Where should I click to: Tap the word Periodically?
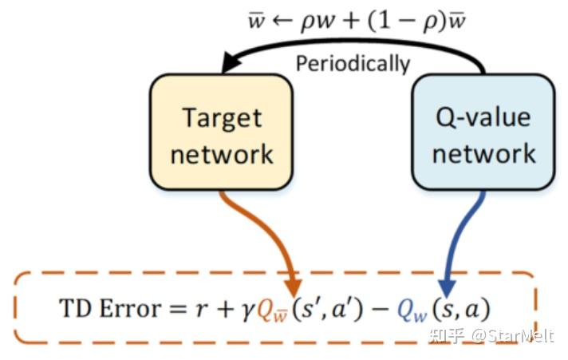click(x=353, y=64)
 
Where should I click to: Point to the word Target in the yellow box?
click(x=222, y=118)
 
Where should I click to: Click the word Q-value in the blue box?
click(x=483, y=118)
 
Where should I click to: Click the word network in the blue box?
click(x=483, y=152)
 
